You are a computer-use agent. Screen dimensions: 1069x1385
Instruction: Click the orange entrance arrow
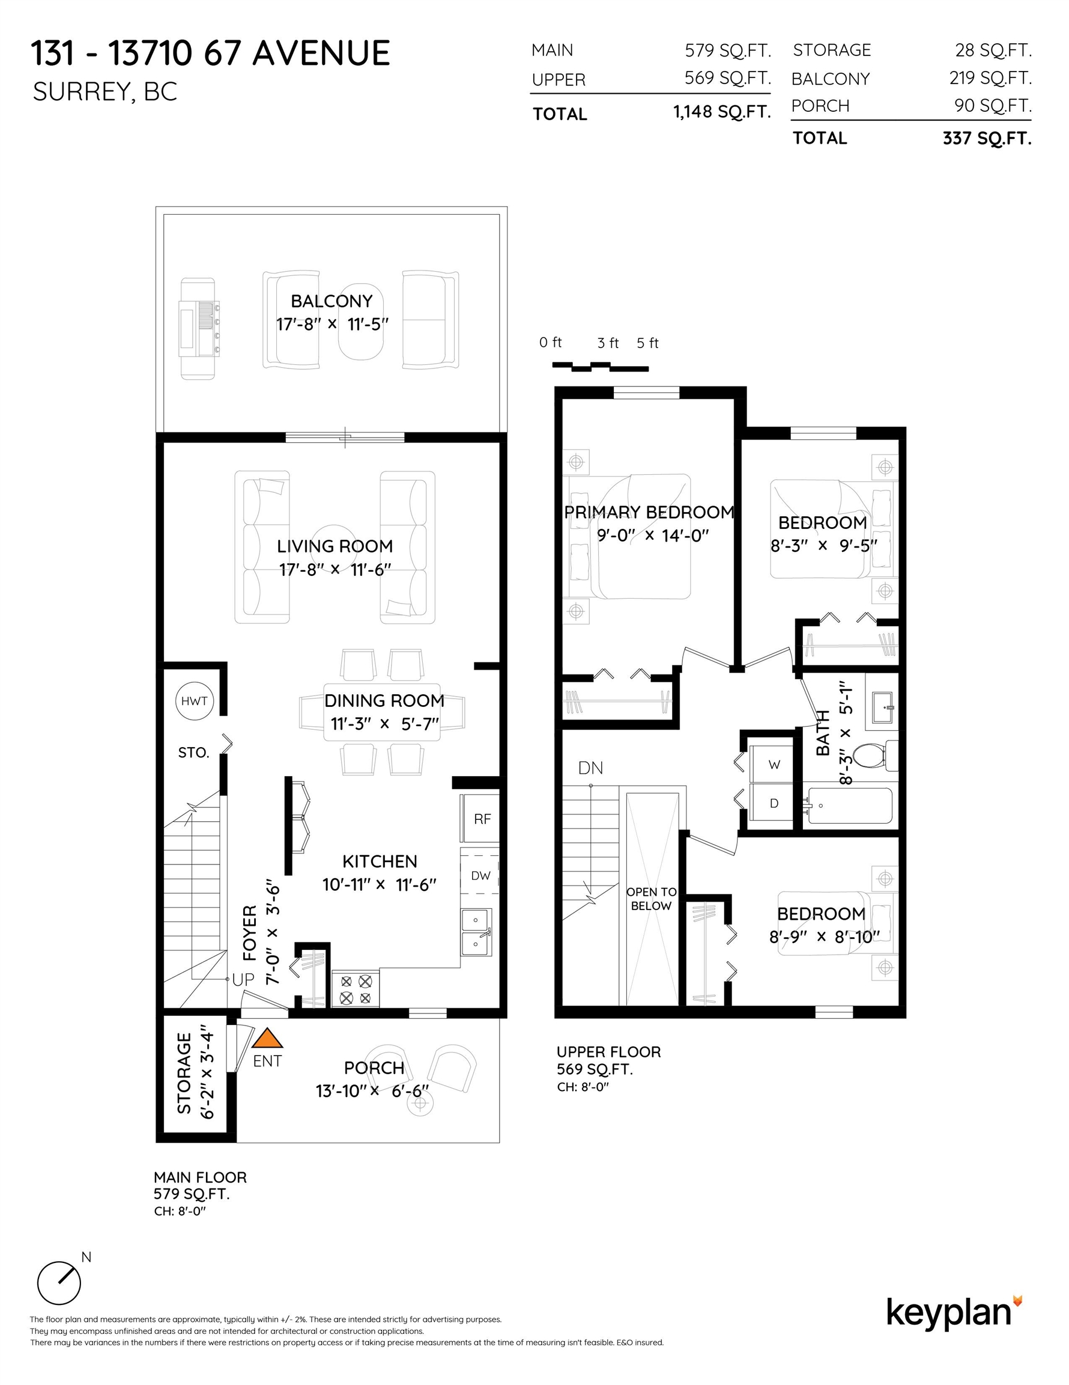[267, 1038]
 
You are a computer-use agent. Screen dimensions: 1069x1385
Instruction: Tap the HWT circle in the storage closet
[195, 701]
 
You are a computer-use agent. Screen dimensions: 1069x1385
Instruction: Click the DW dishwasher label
[481, 876]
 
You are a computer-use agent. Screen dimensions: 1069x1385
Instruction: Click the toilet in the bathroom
[874, 755]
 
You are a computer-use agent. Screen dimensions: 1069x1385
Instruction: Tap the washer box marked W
[773, 764]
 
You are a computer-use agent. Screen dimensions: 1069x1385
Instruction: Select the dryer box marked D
[773, 803]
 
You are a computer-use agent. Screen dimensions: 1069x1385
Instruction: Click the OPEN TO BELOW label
[652, 899]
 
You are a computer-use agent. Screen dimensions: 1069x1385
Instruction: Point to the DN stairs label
[590, 768]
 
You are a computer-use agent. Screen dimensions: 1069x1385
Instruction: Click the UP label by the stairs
[243, 980]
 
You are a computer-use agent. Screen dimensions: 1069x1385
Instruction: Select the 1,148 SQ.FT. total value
[722, 112]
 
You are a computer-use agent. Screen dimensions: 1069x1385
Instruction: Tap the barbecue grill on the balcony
[199, 328]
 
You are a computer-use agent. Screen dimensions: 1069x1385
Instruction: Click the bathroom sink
[882, 707]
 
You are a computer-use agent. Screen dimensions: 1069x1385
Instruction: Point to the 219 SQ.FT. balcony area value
[990, 78]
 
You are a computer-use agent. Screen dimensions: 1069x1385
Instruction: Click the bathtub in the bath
[850, 806]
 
